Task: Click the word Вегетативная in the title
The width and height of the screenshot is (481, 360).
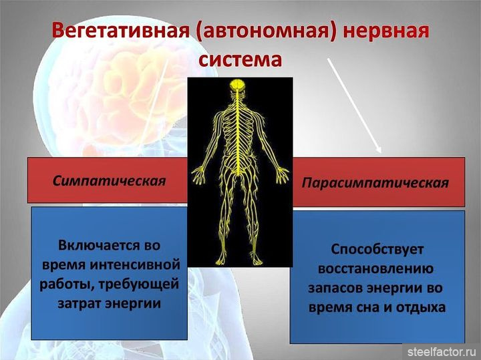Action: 120,30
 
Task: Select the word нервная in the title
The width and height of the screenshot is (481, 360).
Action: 386,31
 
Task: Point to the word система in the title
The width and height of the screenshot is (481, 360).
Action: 240,59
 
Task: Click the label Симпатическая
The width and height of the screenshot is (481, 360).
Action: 109,181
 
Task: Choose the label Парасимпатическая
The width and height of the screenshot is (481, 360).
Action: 375,183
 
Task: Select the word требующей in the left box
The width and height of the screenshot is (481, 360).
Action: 139,285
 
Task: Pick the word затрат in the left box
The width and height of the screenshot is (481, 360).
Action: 79,304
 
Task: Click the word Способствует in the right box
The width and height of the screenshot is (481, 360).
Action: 377,250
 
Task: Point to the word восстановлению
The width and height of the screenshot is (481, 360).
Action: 375,269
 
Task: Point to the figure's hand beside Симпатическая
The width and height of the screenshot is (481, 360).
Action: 198,174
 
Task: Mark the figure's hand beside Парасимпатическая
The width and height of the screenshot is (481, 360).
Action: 281,174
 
